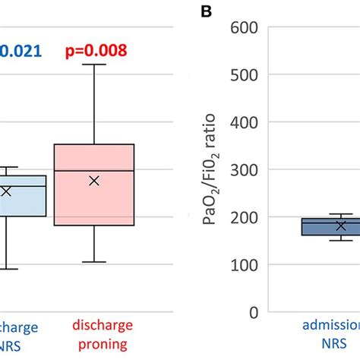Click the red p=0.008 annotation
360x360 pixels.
pyautogui.click(x=94, y=51)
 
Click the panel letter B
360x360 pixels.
pyautogui.click(x=204, y=11)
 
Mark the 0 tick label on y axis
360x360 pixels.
pyautogui.click(x=254, y=312)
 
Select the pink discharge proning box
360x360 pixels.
pyautogui.click(x=94, y=185)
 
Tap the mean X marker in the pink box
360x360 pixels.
pyautogui.click(x=94, y=181)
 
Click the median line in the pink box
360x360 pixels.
pyautogui.click(x=94, y=171)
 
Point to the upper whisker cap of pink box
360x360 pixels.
pyautogui.click(x=94, y=65)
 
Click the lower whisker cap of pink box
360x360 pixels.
pyautogui.click(x=94, y=262)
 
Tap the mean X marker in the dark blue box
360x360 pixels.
pyautogui.click(x=341, y=226)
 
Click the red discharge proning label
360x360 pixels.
pyautogui.click(x=100, y=335)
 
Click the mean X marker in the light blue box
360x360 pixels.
pyautogui.click(x=6, y=191)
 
